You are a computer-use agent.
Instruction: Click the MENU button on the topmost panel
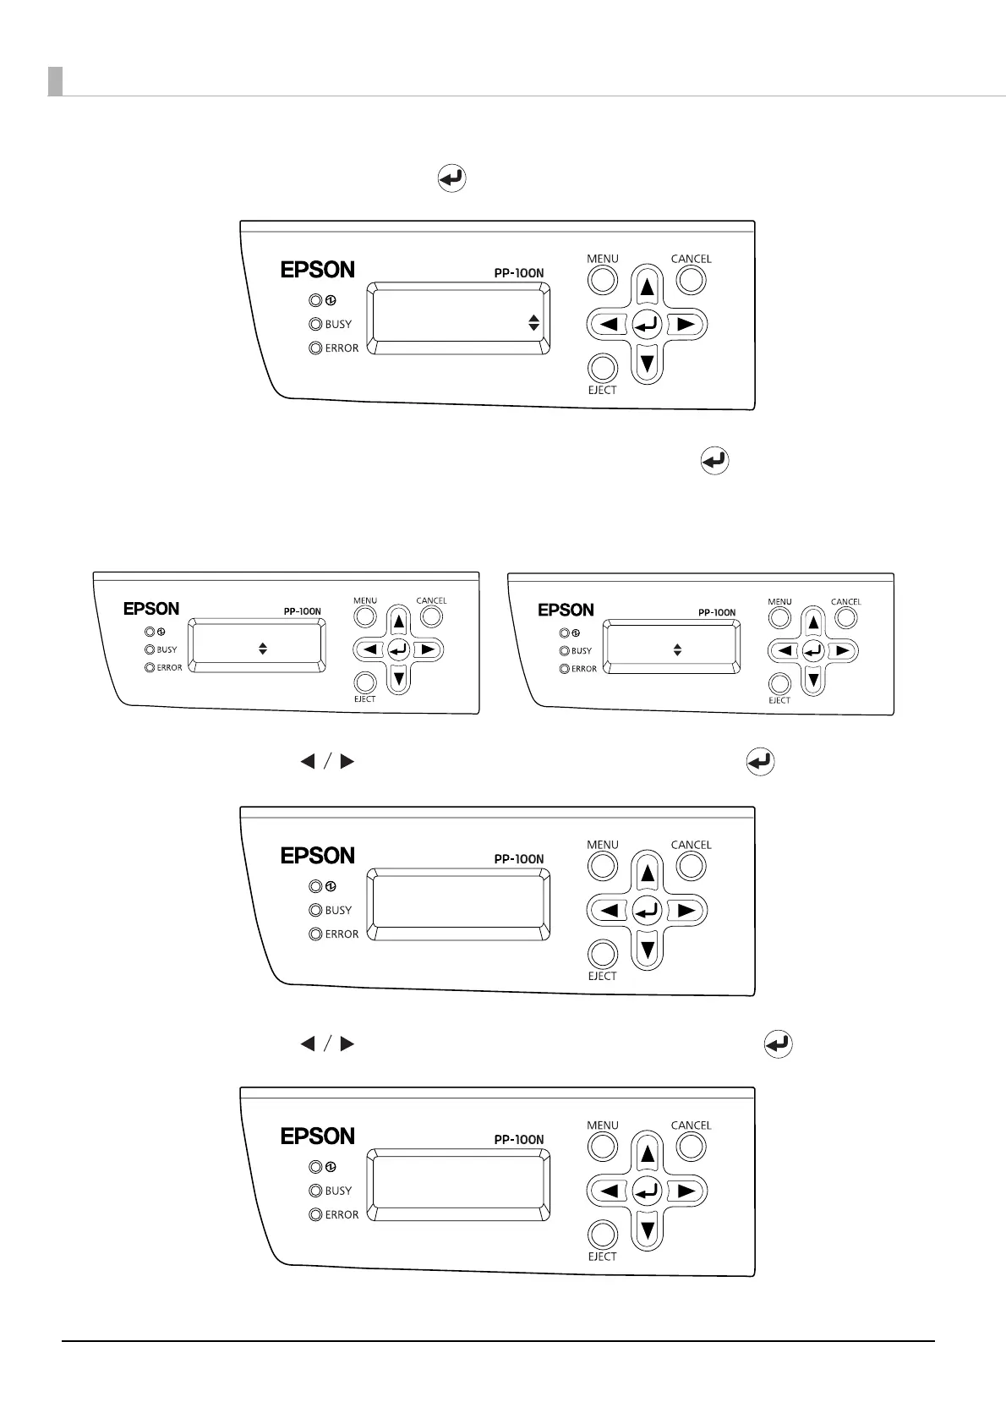click(602, 280)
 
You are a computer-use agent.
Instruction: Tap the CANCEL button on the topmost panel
click(691, 280)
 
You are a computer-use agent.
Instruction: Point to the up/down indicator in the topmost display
click(533, 322)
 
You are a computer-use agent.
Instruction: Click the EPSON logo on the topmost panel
click(317, 270)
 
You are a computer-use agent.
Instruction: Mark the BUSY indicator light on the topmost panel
click(315, 324)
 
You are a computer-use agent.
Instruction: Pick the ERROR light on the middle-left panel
click(150, 667)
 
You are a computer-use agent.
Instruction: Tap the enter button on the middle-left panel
click(398, 649)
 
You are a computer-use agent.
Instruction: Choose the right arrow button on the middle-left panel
click(428, 649)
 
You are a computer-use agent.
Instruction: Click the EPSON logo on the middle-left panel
click(151, 609)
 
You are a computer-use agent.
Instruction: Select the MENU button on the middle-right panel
click(779, 617)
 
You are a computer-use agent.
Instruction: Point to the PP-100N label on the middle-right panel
click(717, 612)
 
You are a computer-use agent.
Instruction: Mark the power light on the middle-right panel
click(564, 633)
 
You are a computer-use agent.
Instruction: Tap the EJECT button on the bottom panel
click(602, 1235)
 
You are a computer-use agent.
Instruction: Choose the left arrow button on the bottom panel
click(609, 1191)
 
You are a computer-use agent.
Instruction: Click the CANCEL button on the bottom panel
click(691, 1147)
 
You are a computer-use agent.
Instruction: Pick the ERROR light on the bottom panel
click(315, 1215)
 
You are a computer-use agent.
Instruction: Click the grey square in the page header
click(55, 81)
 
